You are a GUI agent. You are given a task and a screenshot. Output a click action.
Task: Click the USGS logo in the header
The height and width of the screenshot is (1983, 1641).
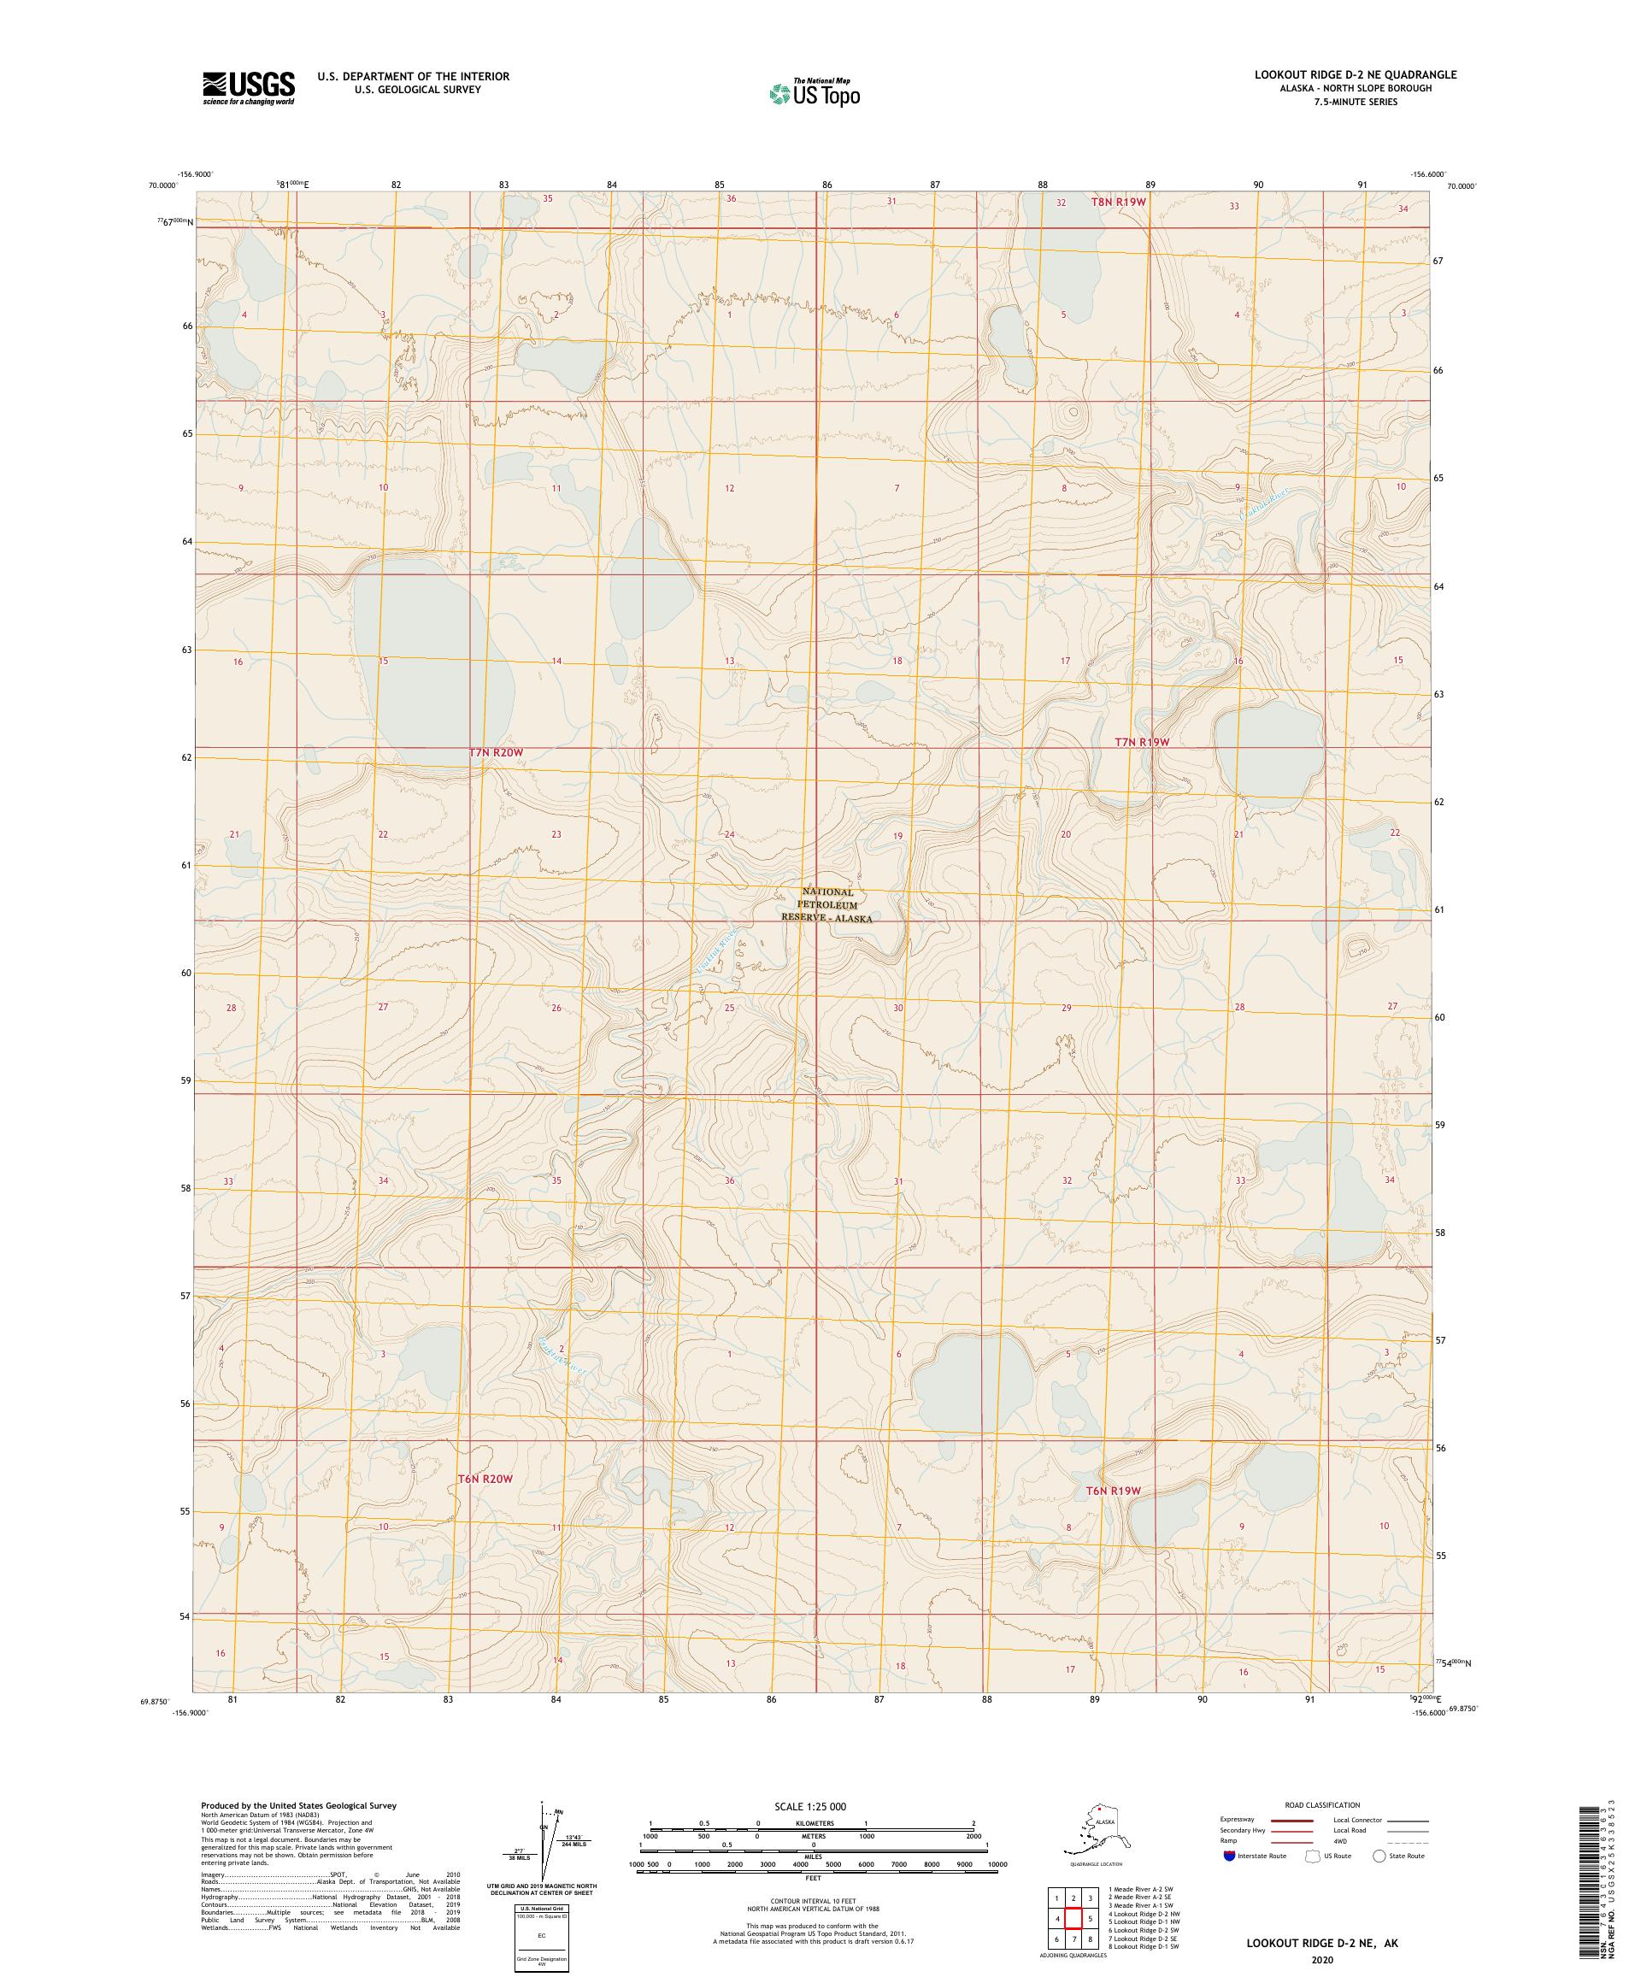(247, 88)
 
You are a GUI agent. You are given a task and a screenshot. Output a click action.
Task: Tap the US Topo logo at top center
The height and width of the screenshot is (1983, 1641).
(815, 92)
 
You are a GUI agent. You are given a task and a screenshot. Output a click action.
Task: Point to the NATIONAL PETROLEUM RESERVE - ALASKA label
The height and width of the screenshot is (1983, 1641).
(827, 904)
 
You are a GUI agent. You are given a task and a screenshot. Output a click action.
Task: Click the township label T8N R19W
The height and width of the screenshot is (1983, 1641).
(1118, 202)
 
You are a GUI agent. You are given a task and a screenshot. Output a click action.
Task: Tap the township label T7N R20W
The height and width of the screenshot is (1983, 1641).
(495, 752)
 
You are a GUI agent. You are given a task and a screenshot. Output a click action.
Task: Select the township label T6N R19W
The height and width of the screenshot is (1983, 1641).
(1113, 1491)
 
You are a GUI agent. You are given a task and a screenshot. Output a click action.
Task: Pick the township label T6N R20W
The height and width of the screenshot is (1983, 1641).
(485, 1479)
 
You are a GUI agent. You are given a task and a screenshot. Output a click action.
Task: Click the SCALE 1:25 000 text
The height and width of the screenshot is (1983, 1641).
(810, 1805)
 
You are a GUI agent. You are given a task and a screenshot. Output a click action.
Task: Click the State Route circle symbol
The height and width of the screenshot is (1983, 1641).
(1379, 1856)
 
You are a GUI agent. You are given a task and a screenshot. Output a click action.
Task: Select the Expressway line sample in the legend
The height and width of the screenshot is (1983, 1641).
(1292, 1820)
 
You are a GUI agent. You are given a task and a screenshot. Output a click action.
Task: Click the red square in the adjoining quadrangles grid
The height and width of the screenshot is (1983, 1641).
(1073, 1918)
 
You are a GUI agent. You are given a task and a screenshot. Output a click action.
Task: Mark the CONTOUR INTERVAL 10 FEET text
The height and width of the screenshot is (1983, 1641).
(813, 1900)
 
